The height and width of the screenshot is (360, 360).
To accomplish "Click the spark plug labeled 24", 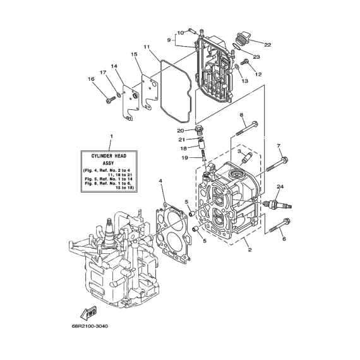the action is coord(277,204).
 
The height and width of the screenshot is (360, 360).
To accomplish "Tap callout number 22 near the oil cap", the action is coord(268,45).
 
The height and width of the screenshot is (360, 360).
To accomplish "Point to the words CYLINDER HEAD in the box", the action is coord(109,156).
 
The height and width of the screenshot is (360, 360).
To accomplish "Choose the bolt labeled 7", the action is coord(277,164).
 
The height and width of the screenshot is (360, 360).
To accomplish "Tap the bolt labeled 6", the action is coord(279,226).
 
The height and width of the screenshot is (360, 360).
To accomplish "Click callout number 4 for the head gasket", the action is coord(160,181).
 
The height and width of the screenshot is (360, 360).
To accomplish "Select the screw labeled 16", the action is coord(111,100).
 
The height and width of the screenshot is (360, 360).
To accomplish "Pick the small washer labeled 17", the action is coord(119,94).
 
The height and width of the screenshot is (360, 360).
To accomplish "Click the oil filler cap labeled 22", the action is coord(243,39).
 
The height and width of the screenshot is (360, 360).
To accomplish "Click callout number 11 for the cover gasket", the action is coord(147,47).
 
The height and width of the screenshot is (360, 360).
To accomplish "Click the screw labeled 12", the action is coord(244,62).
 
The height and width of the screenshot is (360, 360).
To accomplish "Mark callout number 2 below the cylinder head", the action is coord(249,249).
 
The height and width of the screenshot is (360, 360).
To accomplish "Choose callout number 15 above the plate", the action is coord(134,54).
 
